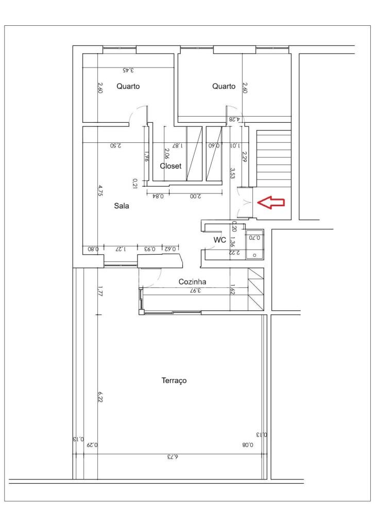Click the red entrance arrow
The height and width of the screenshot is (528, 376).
tap(271, 202)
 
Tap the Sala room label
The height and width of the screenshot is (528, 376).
tap(122, 206)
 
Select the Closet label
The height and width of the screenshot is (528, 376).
tap(170, 166)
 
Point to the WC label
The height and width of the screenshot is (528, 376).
tap(219, 240)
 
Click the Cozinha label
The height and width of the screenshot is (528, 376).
tap(192, 282)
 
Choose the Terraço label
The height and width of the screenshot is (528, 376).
tap(174, 381)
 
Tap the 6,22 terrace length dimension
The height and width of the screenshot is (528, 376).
tap(100, 397)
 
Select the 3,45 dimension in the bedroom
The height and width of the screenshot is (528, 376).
tap(128, 70)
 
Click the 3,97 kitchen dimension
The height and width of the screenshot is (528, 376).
tap(195, 290)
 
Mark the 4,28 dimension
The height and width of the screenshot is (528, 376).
tap(235, 119)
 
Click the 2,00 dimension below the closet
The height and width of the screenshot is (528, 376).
tap(195, 196)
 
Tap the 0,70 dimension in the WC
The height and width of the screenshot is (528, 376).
tap(254, 238)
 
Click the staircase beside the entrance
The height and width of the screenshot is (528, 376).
tap(274, 158)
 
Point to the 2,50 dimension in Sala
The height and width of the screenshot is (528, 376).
tap(116, 146)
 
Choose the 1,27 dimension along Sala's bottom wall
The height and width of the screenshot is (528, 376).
tap(121, 249)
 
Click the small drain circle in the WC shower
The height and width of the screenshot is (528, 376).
tap(254, 255)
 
